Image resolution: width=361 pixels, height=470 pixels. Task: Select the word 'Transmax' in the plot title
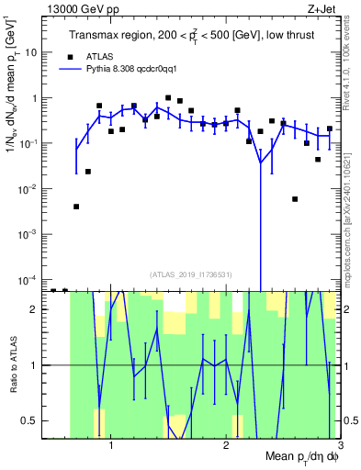pyautogui.click(x=96, y=36)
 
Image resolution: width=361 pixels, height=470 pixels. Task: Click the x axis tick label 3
pyautogui.click(x=340, y=443)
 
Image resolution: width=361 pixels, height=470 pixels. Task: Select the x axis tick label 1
pyautogui.click(x=111, y=443)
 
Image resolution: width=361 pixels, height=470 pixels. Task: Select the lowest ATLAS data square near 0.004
pyautogui.click(x=76, y=207)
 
